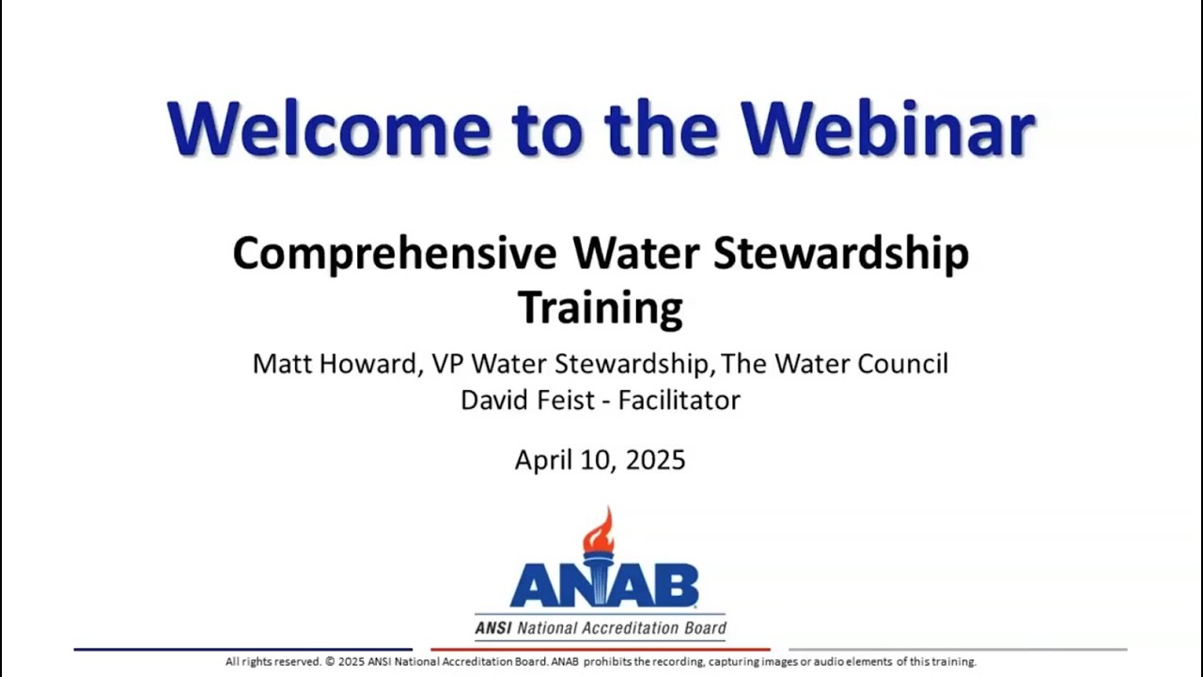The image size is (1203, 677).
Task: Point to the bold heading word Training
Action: point(601,307)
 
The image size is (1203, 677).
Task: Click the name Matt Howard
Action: point(335,364)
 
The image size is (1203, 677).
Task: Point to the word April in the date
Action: point(544,460)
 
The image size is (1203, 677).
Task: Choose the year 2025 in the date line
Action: point(655,460)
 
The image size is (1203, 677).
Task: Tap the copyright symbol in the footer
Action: point(330,662)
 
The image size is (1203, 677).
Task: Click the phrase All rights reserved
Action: point(273,662)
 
